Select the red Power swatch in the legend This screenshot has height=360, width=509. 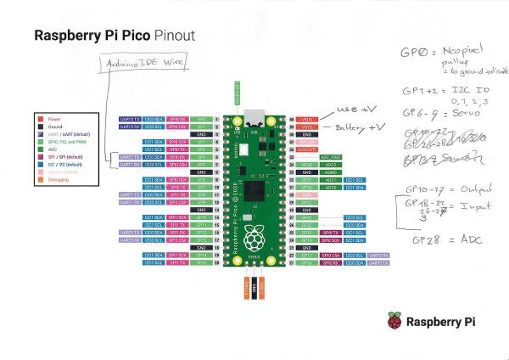pyautogui.click(x=42, y=120)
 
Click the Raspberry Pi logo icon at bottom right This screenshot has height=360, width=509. pyautogui.click(x=394, y=321)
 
